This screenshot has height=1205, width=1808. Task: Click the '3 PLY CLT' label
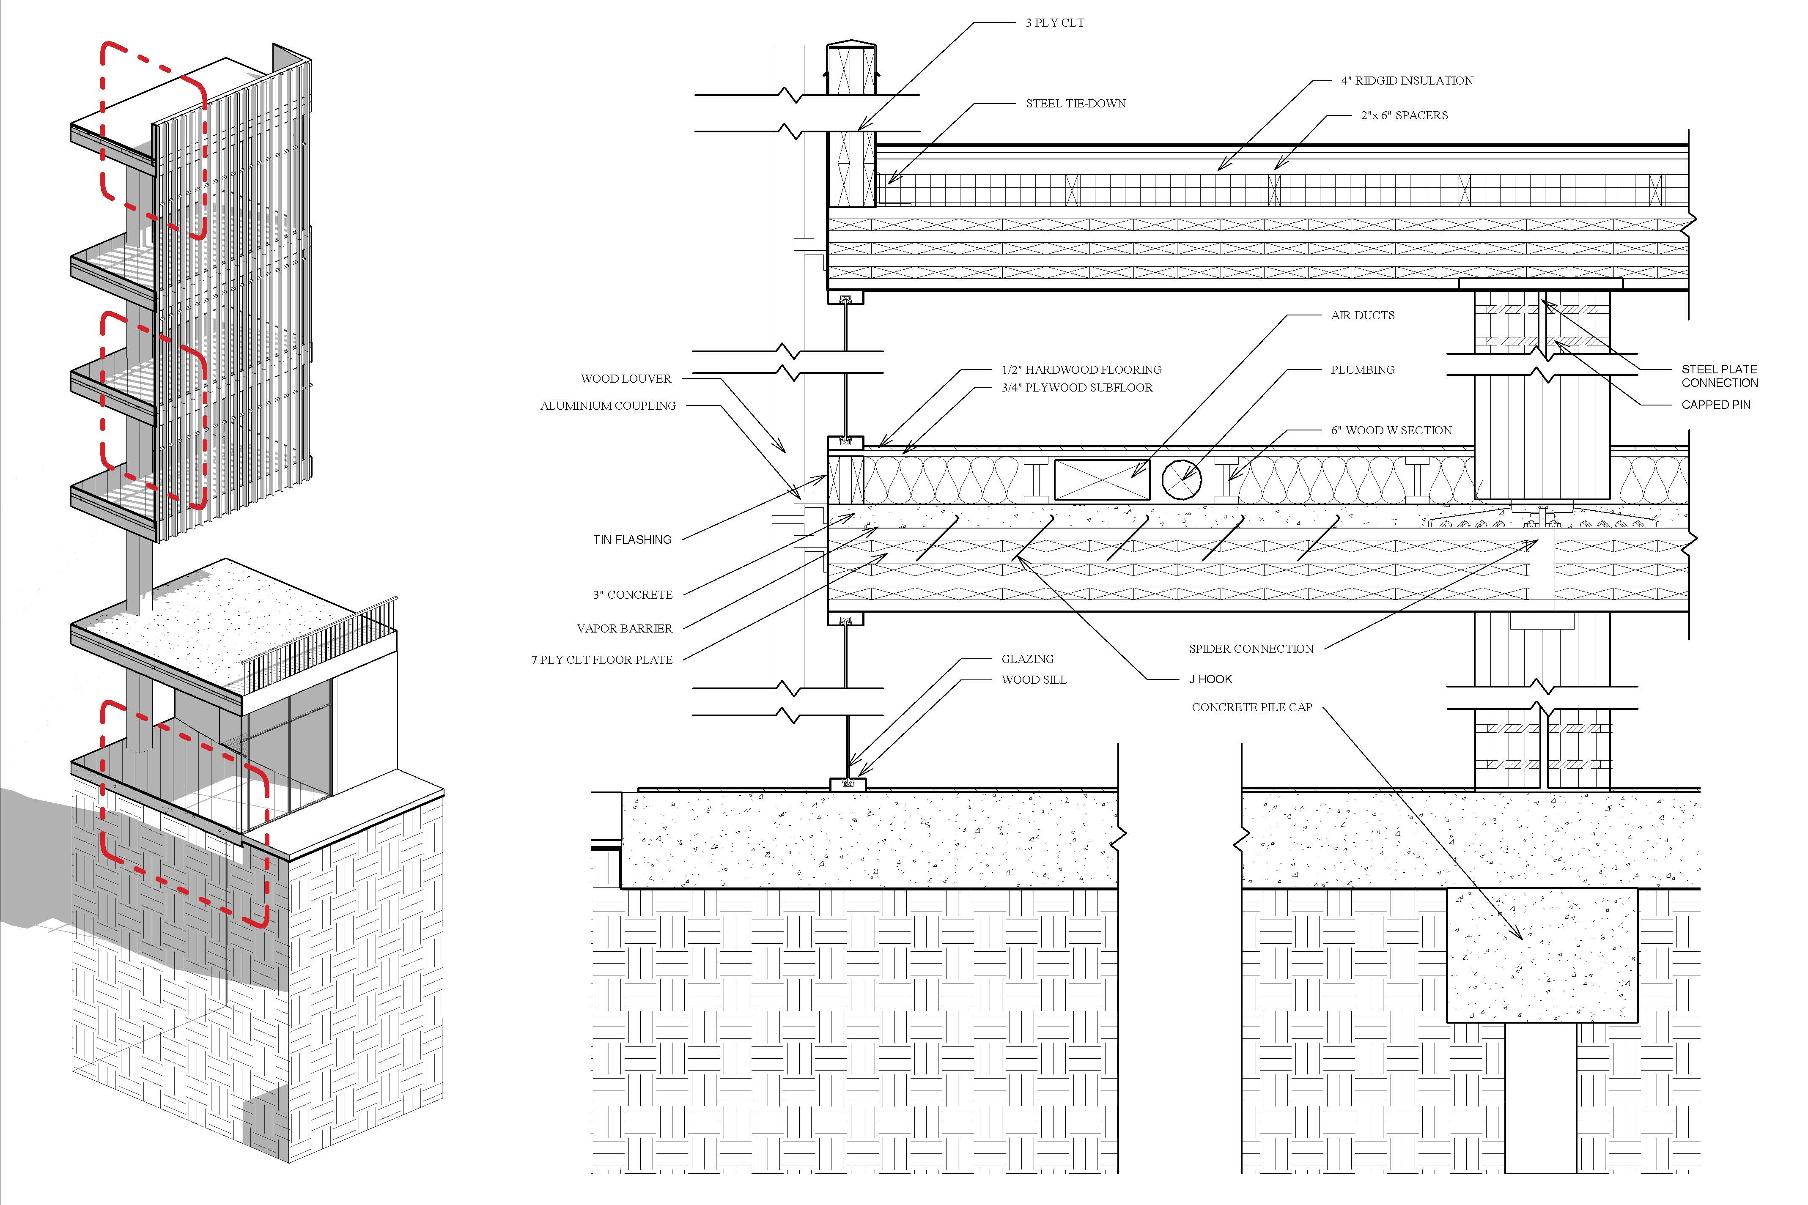(x=1055, y=23)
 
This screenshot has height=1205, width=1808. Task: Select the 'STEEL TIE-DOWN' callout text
(x=1075, y=104)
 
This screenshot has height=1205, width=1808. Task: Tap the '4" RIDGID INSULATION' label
(x=1407, y=81)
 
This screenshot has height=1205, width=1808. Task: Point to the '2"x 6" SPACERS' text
(x=1404, y=115)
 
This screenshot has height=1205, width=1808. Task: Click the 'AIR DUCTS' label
(x=1362, y=315)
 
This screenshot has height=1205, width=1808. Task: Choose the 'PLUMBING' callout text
(x=1362, y=370)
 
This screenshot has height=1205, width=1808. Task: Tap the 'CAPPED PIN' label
(x=1716, y=405)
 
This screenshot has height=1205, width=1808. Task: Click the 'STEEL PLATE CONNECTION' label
(x=1719, y=376)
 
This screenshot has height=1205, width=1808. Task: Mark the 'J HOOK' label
(x=1210, y=679)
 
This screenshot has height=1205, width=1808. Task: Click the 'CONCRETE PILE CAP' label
(x=1251, y=707)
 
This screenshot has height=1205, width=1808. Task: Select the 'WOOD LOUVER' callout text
(x=626, y=379)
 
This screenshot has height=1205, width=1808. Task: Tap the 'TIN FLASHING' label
(x=632, y=540)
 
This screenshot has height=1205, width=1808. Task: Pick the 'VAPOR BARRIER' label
(x=624, y=629)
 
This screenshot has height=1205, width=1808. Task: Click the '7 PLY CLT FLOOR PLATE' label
(x=602, y=660)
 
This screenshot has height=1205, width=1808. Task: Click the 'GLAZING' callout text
(x=1027, y=659)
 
